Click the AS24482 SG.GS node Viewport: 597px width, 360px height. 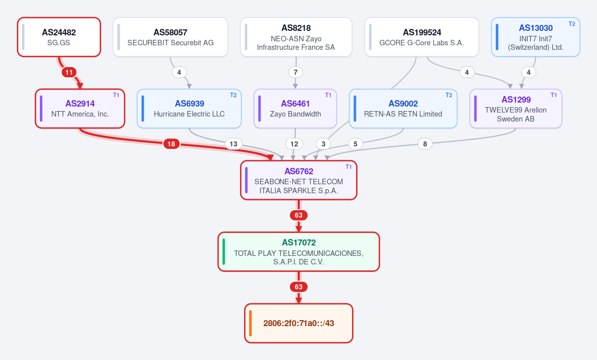coord(59,37)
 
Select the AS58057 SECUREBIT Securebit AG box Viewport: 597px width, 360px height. coord(170,37)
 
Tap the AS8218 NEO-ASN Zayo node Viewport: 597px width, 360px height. coord(296,37)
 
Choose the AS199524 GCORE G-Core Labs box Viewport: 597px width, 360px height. coord(421,37)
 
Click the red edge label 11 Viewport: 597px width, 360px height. coord(69,72)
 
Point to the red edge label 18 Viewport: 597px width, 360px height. coord(171,144)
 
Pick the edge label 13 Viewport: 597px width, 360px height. coord(234,144)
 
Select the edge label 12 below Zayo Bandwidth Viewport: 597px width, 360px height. coord(294,144)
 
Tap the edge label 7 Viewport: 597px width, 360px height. coord(295,72)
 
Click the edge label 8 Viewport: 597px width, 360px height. coord(425,144)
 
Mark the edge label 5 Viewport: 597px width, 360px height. coord(355,144)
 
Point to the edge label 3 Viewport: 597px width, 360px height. coord(323,144)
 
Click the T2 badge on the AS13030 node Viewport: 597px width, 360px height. coord(572,24)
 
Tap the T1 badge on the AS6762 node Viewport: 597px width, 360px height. coord(349,167)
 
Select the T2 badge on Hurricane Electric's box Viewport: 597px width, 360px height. coord(234,95)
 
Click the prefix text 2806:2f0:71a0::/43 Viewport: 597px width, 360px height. coord(299,324)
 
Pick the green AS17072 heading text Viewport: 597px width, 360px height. coord(299,242)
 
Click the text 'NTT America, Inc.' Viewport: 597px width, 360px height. coord(80,114)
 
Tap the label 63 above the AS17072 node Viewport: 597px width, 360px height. coord(299,216)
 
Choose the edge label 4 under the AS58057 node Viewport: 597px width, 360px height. coord(179,72)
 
